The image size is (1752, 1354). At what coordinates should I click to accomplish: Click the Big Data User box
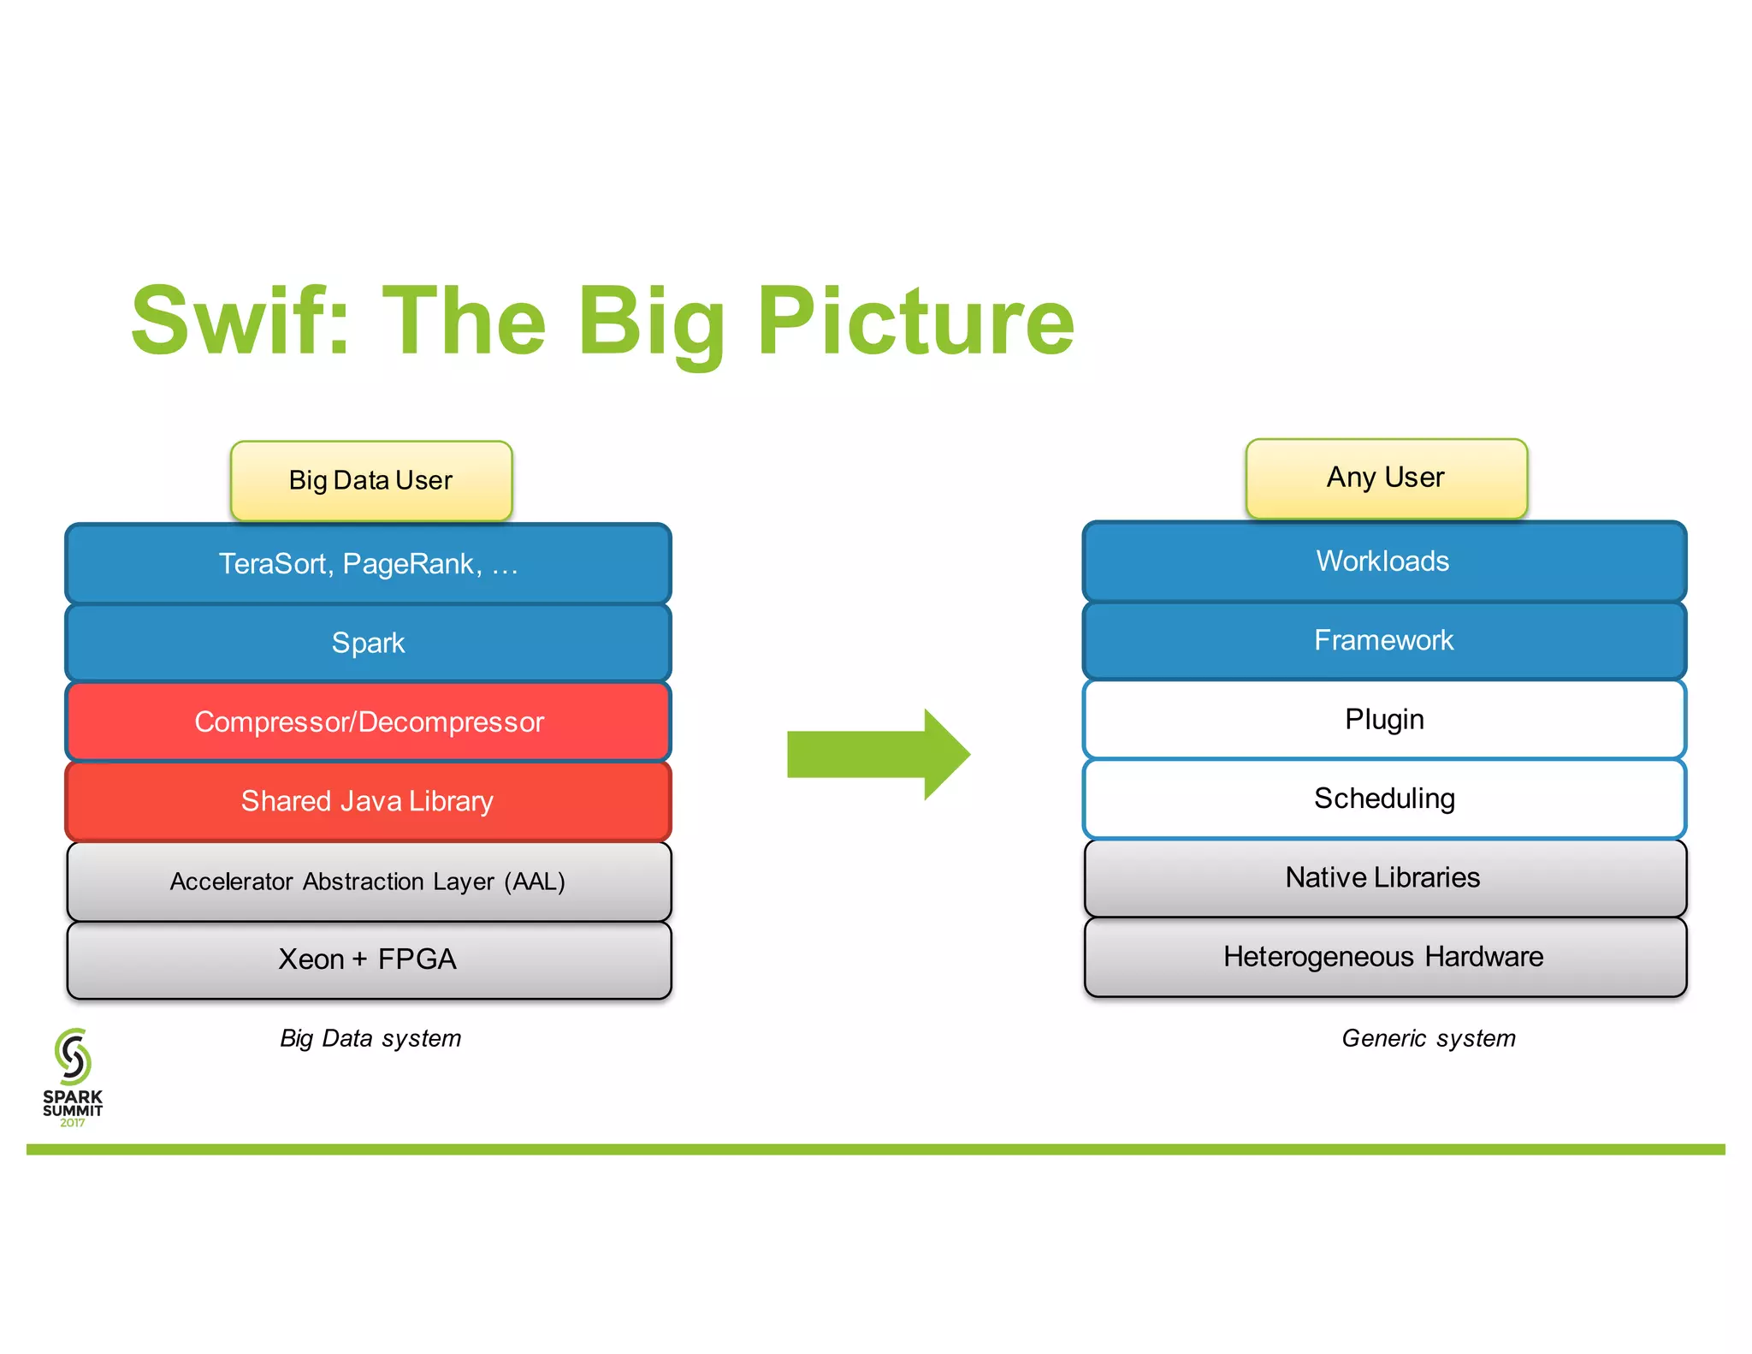370,480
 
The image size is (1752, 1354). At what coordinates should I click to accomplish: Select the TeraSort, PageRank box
368,563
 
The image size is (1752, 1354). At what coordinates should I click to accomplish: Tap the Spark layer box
368,642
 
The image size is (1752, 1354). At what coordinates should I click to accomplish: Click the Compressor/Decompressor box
368,722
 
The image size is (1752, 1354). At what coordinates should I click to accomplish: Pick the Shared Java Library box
368,801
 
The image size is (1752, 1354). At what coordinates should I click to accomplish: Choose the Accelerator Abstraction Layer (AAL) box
368,881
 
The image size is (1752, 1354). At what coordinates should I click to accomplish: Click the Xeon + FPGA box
368,959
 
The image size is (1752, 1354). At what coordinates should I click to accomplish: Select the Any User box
1386,478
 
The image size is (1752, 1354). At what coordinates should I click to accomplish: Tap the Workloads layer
1383,561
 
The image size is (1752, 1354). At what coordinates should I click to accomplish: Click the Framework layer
1383,640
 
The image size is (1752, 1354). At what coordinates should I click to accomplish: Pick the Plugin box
1383,719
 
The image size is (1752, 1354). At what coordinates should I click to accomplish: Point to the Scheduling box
1383,798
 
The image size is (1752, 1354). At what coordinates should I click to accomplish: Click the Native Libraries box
1383,877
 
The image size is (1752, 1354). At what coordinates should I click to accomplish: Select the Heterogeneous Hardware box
1383,956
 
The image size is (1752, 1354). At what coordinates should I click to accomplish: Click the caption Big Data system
370,1038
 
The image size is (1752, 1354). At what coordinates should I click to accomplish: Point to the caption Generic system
1428,1038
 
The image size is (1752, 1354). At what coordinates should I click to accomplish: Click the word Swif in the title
240,321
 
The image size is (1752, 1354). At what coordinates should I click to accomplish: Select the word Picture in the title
915,321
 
